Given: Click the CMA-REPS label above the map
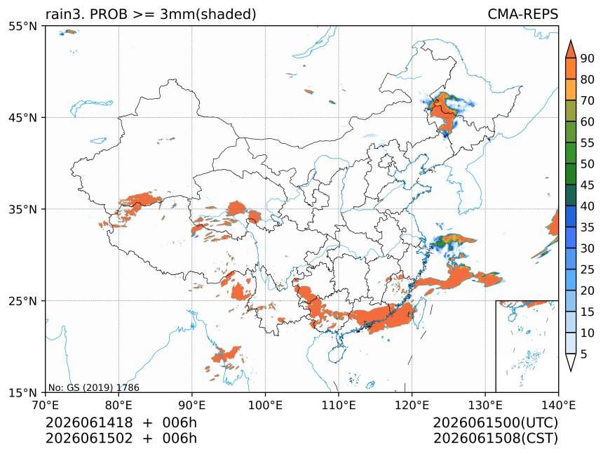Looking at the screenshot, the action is (x=522, y=14).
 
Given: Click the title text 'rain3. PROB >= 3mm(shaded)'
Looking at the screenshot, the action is (x=151, y=14).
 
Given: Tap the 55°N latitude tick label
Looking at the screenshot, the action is (x=22, y=26).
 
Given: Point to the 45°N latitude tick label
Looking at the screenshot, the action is (x=22, y=117).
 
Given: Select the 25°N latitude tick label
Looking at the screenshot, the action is (x=22, y=300).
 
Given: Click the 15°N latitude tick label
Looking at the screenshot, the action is (x=22, y=392).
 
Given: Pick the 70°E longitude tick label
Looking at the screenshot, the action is (x=46, y=405).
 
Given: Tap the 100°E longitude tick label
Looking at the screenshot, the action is (x=265, y=405).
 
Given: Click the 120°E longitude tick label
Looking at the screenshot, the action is (x=412, y=405).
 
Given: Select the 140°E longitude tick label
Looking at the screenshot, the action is (x=558, y=405).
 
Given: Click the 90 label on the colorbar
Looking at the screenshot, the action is (x=588, y=58).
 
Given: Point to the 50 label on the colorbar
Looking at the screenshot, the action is (x=588, y=164).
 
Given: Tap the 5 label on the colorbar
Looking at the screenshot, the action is (x=584, y=354).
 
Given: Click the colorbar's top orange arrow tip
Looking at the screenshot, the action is (x=571, y=39).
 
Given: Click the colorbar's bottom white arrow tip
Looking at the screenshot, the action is (x=571, y=371).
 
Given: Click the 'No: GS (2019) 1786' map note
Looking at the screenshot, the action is (x=94, y=387).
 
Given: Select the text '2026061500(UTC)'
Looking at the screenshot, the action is (x=495, y=422).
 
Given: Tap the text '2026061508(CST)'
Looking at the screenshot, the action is (x=495, y=439).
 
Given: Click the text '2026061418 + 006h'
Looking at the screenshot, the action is (x=121, y=422).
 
